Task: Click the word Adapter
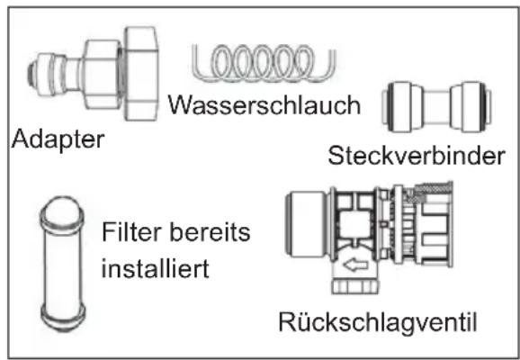(58, 140)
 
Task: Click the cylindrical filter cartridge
(63, 263)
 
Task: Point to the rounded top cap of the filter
(63, 211)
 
